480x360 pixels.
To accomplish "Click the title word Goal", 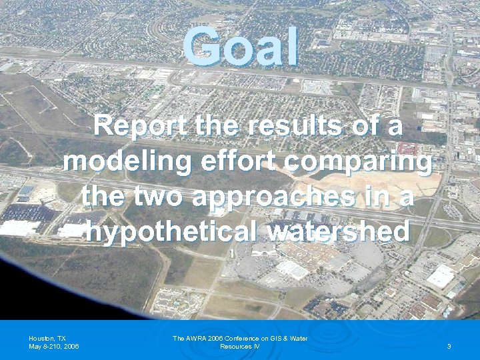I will click(x=241, y=47).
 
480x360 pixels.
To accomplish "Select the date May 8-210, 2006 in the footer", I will click(x=54, y=347).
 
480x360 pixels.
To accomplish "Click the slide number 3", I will click(x=449, y=347).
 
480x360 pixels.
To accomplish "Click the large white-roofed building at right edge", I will click(x=441, y=276).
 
